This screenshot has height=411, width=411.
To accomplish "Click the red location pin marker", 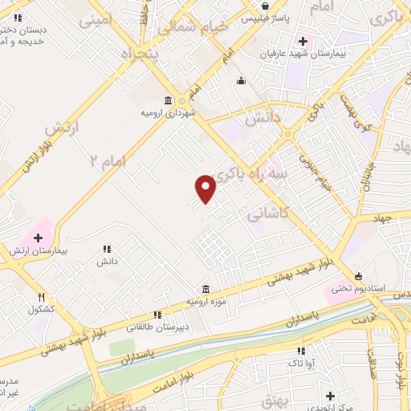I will (x=206, y=188).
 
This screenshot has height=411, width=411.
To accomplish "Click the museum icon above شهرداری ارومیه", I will (x=167, y=100).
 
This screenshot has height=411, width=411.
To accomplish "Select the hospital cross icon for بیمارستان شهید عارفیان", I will (x=303, y=41).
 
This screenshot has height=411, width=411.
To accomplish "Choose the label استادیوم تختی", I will (x=362, y=287).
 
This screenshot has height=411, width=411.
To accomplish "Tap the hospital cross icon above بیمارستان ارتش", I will (x=38, y=237).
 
